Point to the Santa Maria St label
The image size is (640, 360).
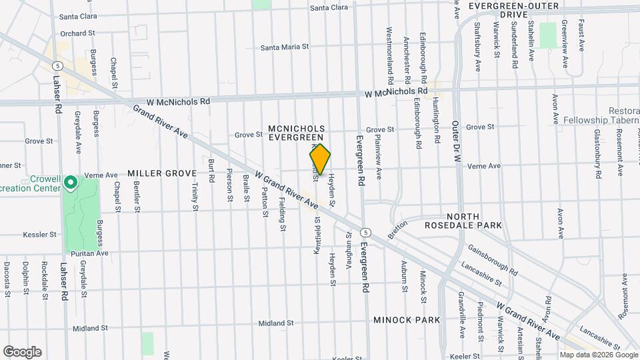coord(285,47)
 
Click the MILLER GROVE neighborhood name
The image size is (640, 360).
coord(162,173)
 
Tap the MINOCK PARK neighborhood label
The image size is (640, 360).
coord(407,320)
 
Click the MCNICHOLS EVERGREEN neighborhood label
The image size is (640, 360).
coord(296,132)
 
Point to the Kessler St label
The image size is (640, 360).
coord(38,235)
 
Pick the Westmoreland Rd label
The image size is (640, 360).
coord(390,51)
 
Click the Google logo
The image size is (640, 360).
coord(22,352)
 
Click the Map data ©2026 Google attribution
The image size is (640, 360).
coord(598,355)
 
